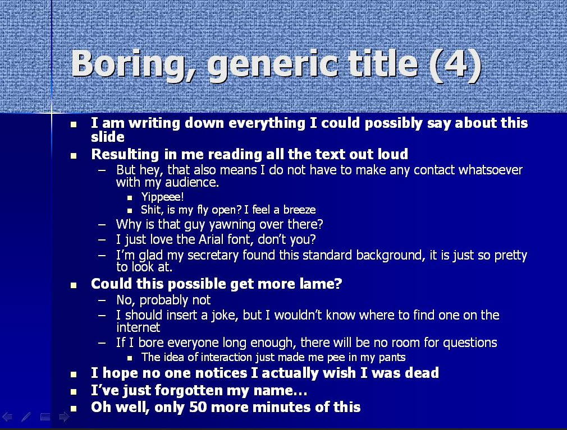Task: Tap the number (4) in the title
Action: pyautogui.click(x=456, y=65)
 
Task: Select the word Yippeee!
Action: pyautogui.click(x=162, y=197)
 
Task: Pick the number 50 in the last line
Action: pyautogui.click(x=198, y=407)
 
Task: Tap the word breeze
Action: pyautogui.click(x=299, y=210)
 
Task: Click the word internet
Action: pyautogui.click(x=138, y=327)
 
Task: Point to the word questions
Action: pyautogui.click(x=470, y=343)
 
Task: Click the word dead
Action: pyautogui.click(x=422, y=373)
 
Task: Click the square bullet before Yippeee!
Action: pyautogui.click(x=130, y=198)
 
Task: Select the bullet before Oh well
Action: pyautogui.click(x=74, y=409)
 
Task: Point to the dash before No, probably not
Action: pyautogui.click(x=102, y=300)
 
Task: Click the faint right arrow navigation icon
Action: pyautogui.click(x=64, y=417)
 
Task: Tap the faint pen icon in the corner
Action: pyautogui.click(x=26, y=417)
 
